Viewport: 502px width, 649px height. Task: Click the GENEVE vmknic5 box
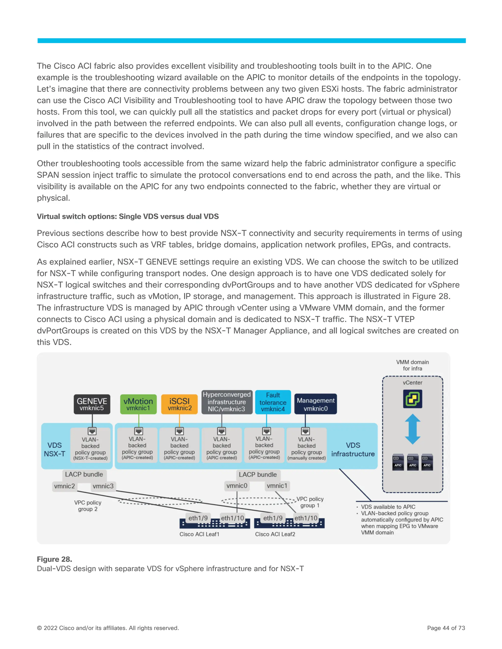pos(92,404)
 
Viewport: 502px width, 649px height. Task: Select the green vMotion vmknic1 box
pos(138,404)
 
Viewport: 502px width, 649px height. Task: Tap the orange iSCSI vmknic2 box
pos(179,404)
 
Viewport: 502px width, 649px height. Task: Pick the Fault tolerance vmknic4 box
pos(273,402)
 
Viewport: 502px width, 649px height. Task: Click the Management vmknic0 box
pos(315,404)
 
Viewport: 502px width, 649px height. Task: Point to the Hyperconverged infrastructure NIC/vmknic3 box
pos(227,402)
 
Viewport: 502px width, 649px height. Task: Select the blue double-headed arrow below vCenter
pos(413,429)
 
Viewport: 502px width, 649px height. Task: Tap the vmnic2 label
pos(64,486)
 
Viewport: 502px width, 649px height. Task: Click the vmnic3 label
pos(103,486)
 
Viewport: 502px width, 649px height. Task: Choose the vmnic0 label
pos(237,486)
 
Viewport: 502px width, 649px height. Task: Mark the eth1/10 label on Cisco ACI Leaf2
pos(306,518)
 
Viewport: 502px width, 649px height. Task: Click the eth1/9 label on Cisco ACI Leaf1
pos(198,518)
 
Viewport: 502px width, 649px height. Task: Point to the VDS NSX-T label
pos(55,449)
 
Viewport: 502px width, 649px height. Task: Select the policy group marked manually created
pos(307,449)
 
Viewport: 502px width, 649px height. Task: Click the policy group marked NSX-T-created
pos(90,449)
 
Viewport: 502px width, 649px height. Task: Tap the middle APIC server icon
pos(413,462)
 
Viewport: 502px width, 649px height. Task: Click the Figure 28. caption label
pos(54,559)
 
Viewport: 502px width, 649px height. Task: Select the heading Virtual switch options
pos(127,216)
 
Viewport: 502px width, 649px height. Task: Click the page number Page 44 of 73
pos(446,628)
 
